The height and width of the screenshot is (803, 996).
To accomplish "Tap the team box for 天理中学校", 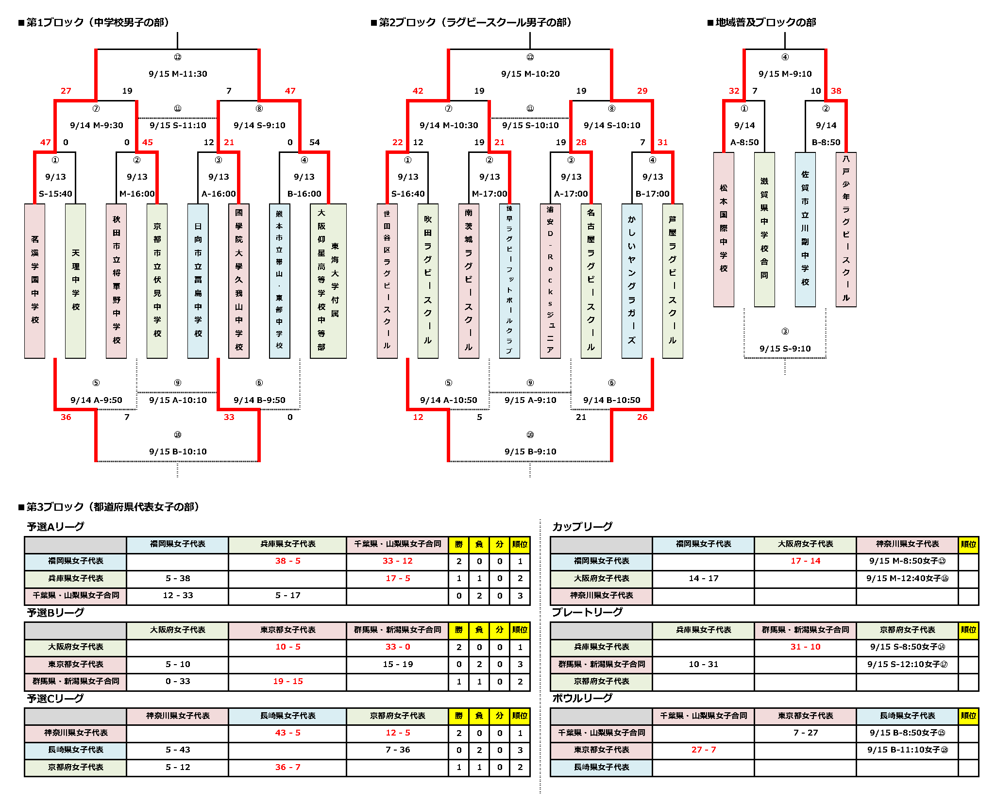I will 75,280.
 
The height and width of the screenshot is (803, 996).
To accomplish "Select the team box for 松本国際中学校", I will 723,229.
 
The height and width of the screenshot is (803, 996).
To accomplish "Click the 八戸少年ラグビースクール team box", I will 845,229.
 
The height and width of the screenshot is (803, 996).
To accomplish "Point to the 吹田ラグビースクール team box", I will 427,280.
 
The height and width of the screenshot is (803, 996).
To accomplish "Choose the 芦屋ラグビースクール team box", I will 672,280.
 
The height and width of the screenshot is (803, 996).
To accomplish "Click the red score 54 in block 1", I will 314,142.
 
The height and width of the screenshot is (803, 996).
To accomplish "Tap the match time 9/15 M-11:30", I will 178,74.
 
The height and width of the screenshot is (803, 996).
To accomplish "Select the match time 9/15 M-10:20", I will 530,74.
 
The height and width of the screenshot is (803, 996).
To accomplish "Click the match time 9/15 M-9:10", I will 785,74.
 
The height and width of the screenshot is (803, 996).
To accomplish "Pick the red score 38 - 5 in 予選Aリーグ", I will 287,561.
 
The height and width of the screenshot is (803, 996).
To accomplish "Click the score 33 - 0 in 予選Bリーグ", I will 397,647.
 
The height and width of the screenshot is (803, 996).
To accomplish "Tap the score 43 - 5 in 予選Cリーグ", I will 287,733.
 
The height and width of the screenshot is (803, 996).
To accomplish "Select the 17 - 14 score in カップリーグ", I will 805,561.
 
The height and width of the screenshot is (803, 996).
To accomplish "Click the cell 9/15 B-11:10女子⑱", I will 907,750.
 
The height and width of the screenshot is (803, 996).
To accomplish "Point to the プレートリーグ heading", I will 587,612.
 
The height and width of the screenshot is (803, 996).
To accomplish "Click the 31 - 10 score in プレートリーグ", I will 805,647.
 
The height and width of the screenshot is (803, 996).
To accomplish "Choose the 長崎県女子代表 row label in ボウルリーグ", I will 601,767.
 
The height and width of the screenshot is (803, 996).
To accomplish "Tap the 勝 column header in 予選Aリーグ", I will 458,544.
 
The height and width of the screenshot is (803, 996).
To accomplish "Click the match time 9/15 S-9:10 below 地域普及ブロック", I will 785,349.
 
